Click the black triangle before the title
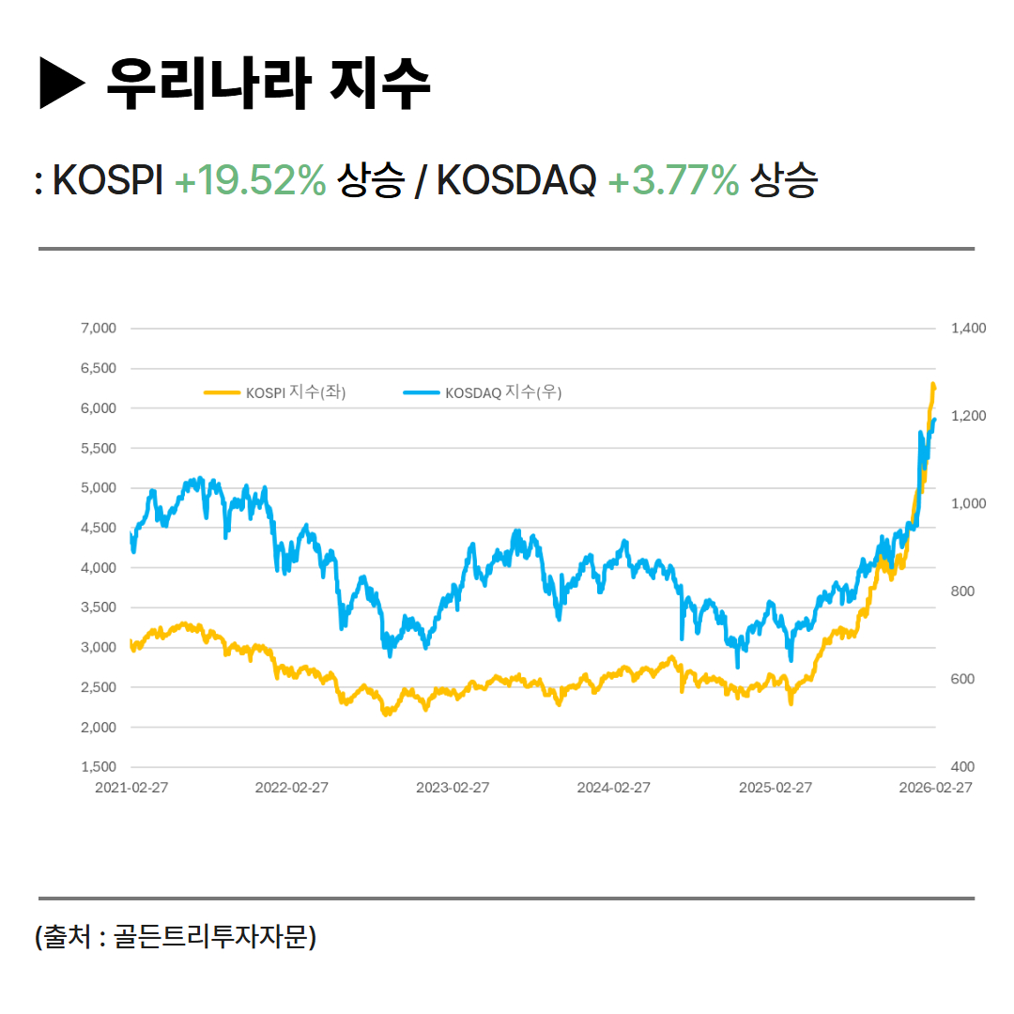coord(62,84)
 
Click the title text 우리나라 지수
coord(269,84)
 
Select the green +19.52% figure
coord(251,180)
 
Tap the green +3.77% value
coord(673,180)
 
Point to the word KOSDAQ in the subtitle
coord(516,180)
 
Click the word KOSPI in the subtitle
coord(109,180)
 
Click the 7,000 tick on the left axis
coord(99,329)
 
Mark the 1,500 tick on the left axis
coord(99,767)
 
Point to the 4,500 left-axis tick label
coord(99,528)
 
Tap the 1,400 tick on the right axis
coord(968,329)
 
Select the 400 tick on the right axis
coord(963,767)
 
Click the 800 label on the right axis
coord(963,591)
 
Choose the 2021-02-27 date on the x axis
coord(131,788)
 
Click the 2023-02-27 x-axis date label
coord(453,788)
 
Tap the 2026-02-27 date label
coord(935,788)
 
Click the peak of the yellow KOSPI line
coord(933,384)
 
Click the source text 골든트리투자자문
coord(210,936)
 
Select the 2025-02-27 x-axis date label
coord(776,788)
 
